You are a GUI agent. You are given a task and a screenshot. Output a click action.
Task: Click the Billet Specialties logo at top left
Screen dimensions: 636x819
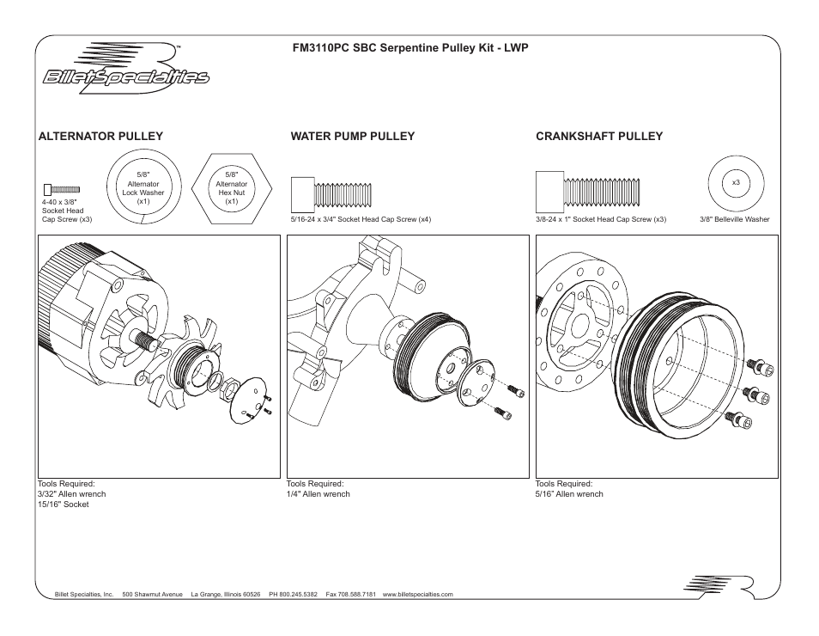[126, 69]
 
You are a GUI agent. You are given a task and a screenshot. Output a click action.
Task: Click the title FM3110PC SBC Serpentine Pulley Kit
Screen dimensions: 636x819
[409, 49]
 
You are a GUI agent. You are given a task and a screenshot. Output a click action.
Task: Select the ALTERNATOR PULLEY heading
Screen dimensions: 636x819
[100, 136]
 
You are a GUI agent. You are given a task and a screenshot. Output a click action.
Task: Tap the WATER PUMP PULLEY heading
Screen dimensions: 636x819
[352, 136]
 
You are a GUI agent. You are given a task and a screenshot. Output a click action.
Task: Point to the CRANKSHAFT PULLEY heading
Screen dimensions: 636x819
[599, 136]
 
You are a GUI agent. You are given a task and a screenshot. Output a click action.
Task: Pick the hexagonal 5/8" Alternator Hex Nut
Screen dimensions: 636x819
[231, 187]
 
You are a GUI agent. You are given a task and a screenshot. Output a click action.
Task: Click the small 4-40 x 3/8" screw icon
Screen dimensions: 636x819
[62, 188]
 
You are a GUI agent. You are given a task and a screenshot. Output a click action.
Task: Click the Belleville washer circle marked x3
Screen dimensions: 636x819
[736, 183]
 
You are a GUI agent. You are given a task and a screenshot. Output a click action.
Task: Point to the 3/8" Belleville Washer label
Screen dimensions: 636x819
[735, 219]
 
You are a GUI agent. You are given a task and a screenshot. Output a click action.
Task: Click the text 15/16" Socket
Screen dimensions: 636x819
[63, 505]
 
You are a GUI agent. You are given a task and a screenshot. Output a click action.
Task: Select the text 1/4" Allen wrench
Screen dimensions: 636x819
[318, 494]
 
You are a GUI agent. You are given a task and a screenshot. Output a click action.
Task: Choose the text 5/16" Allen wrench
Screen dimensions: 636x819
[569, 494]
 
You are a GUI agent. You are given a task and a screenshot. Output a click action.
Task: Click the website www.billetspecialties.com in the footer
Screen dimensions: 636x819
[417, 594]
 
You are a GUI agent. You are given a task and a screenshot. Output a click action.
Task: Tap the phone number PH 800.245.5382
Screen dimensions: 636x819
[293, 594]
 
